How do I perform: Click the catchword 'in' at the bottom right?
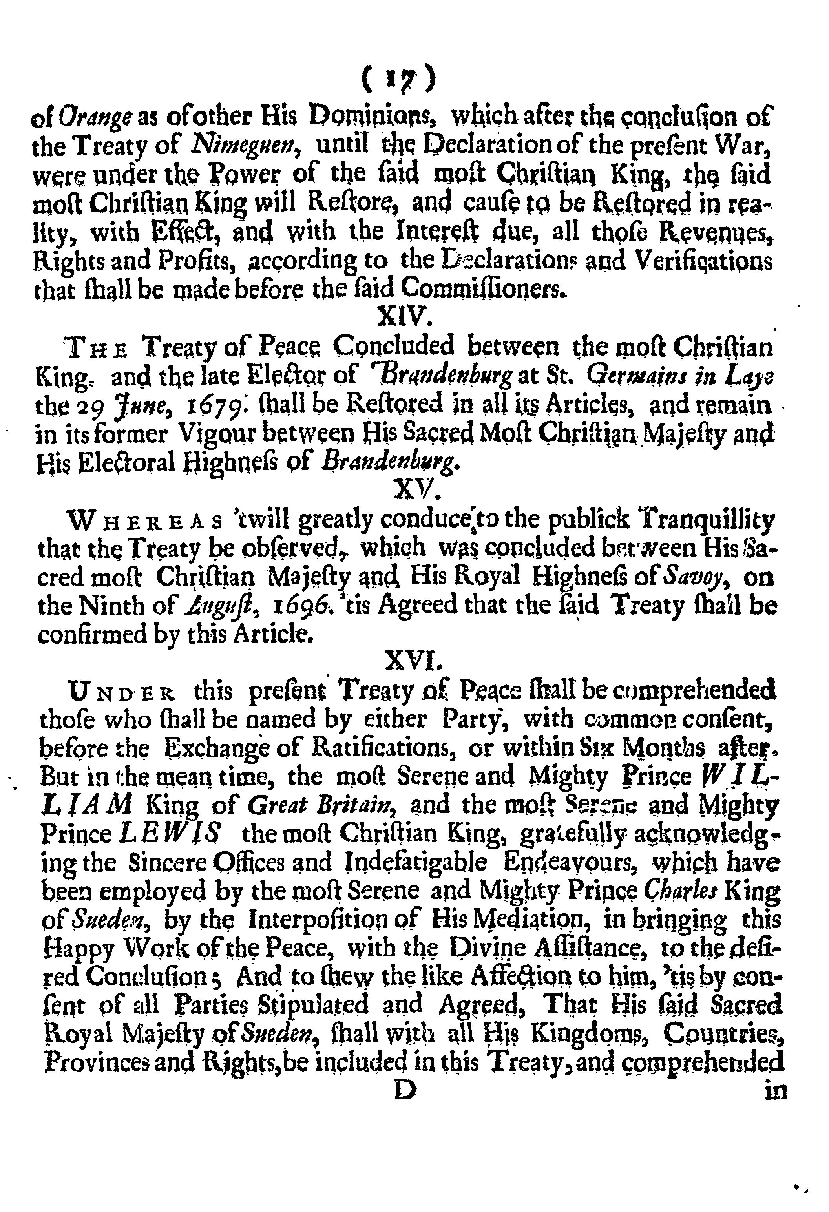click(775, 1092)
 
